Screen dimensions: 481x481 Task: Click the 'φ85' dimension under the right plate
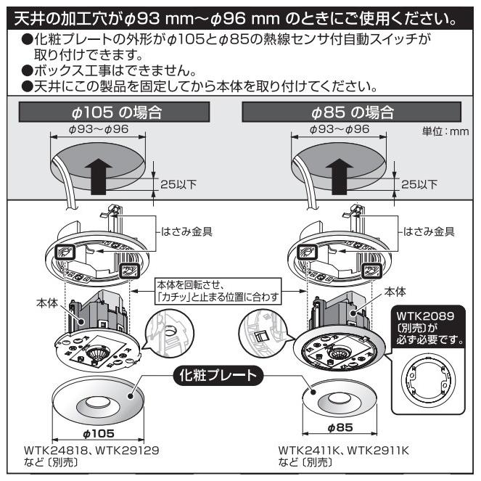(339, 427)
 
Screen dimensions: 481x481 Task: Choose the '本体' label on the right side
(395, 291)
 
